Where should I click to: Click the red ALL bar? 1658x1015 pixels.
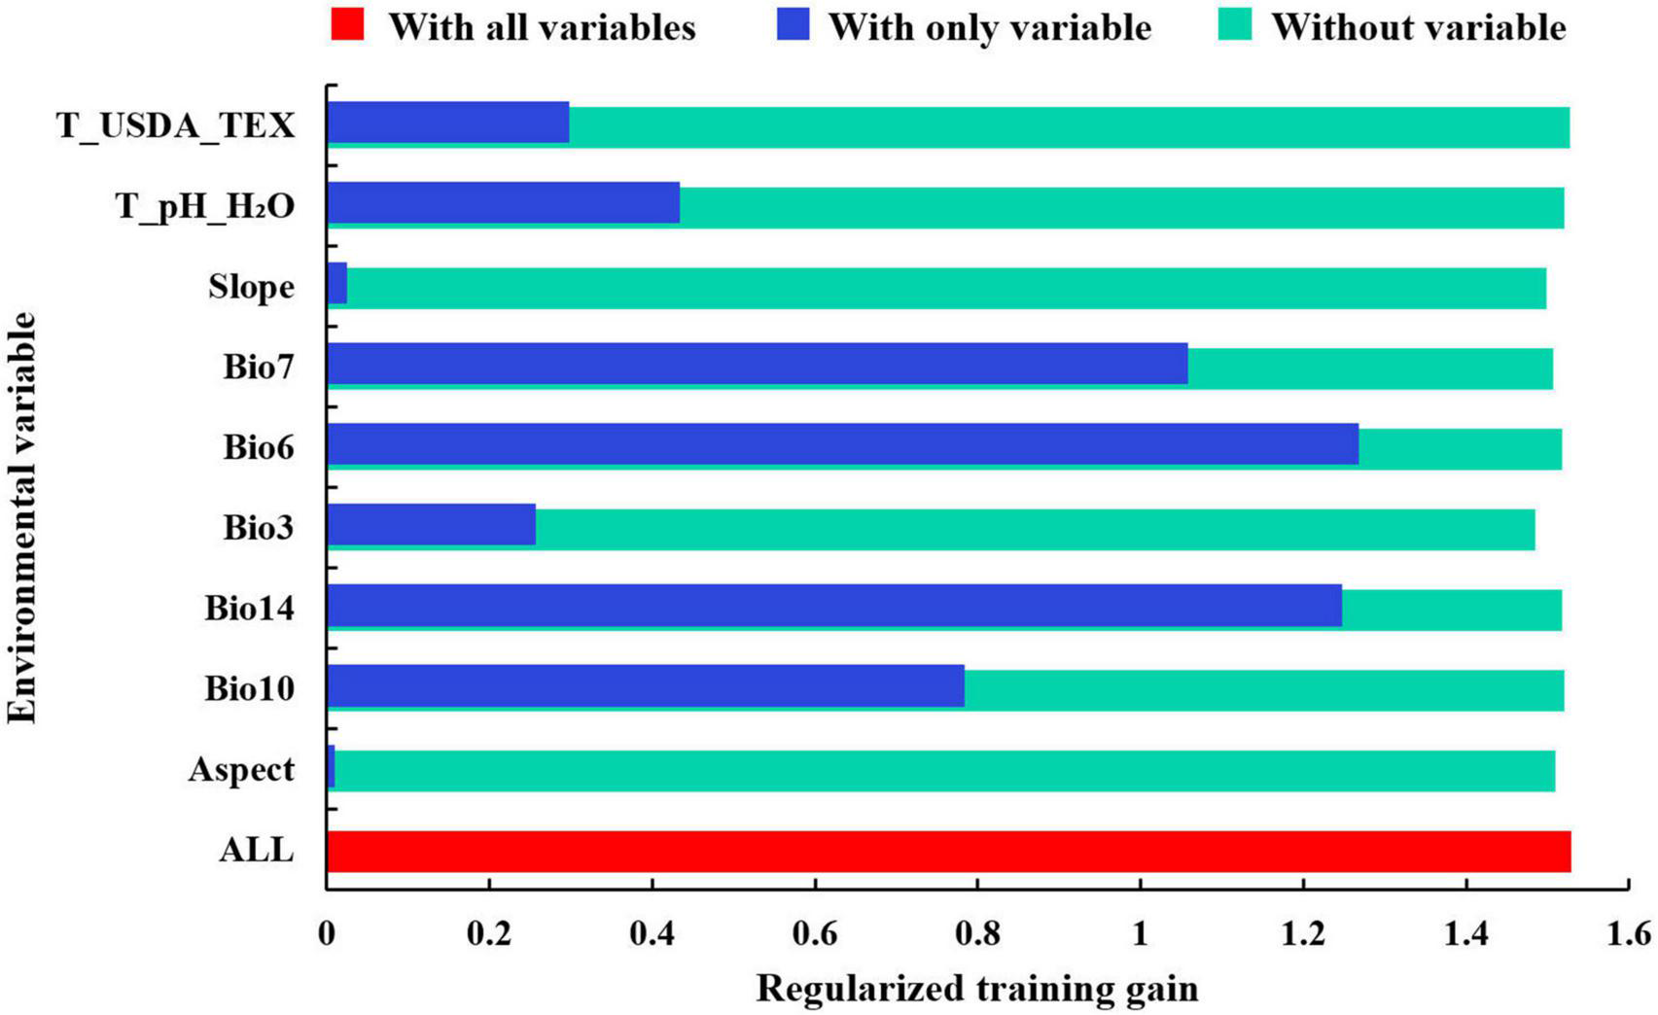(948, 852)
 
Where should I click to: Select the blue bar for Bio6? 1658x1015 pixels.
(842, 444)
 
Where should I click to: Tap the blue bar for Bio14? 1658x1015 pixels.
(834, 605)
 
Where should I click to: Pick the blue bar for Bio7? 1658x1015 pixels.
(757, 364)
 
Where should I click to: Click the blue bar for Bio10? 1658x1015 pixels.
(645, 685)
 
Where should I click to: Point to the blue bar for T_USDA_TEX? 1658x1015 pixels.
(448, 122)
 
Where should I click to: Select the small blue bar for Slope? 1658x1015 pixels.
(337, 283)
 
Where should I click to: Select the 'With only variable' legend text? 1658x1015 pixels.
(989, 27)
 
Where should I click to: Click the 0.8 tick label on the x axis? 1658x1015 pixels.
(976, 935)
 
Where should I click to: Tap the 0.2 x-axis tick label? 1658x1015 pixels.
(488, 935)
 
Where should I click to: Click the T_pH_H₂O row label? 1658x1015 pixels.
(205, 207)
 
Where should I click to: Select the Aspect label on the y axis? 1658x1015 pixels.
(241, 770)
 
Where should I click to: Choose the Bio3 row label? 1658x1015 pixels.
(258, 528)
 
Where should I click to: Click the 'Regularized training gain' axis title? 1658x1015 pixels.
(976, 989)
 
